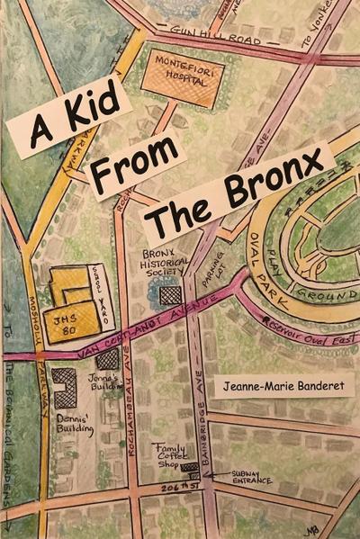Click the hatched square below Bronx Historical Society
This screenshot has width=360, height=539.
click(x=169, y=294)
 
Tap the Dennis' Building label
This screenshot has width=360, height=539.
click(x=75, y=423)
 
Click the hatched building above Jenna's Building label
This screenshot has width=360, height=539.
click(x=108, y=358)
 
